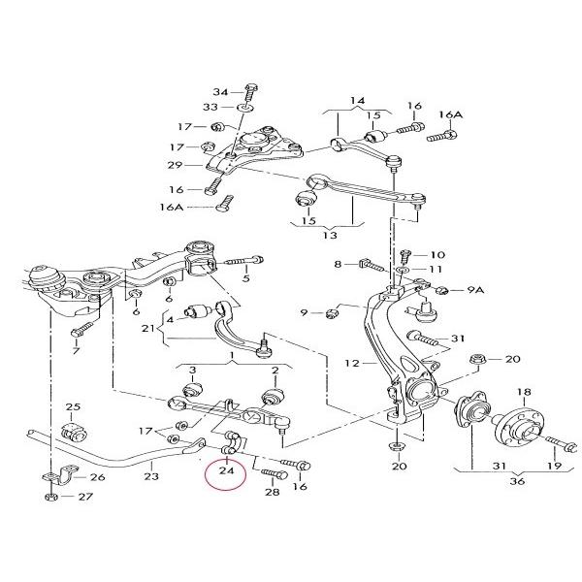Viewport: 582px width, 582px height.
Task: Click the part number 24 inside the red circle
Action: pyautogui.click(x=226, y=470)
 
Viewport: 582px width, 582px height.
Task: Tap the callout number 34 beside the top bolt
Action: pyautogui.click(x=221, y=92)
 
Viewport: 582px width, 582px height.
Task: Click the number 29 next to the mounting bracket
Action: pyautogui.click(x=175, y=165)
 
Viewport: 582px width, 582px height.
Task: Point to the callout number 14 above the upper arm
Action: pyautogui.click(x=357, y=100)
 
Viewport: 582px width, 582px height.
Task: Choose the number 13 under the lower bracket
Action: pyautogui.click(x=330, y=235)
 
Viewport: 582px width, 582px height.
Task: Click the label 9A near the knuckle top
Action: pyautogui.click(x=475, y=289)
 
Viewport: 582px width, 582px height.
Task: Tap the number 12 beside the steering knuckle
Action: pyautogui.click(x=352, y=363)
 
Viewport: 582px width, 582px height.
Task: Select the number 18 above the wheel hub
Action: pyautogui.click(x=524, y=392)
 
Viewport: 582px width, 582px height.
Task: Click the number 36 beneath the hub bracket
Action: pyautogui.click(x=517, y=481)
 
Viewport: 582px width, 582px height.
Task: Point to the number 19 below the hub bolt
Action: pyautogui.click(x=555, y=466)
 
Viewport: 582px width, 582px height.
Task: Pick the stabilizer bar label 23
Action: pyautogui.click(x=151, y=476)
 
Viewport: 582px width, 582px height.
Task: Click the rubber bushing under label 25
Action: pyautogui.click(x=74, y=432)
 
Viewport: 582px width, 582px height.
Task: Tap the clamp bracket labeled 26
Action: pyautogui.click(x=59, y=475)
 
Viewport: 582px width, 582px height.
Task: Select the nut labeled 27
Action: pyautogui.click(x=49, y=497)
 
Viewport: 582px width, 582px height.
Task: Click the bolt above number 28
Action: pyautogui.click(x=275, y=473)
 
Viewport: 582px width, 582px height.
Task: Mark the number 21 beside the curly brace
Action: pyautogui.click(x=148, y=328)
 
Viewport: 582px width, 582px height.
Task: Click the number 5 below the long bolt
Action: pyautogui.click(x=246, y=278)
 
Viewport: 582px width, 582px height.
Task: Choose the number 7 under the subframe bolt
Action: pyautogui.click(x=76, y=350)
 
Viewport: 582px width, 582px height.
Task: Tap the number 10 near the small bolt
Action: pyautogui.click(x=437, y=254)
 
